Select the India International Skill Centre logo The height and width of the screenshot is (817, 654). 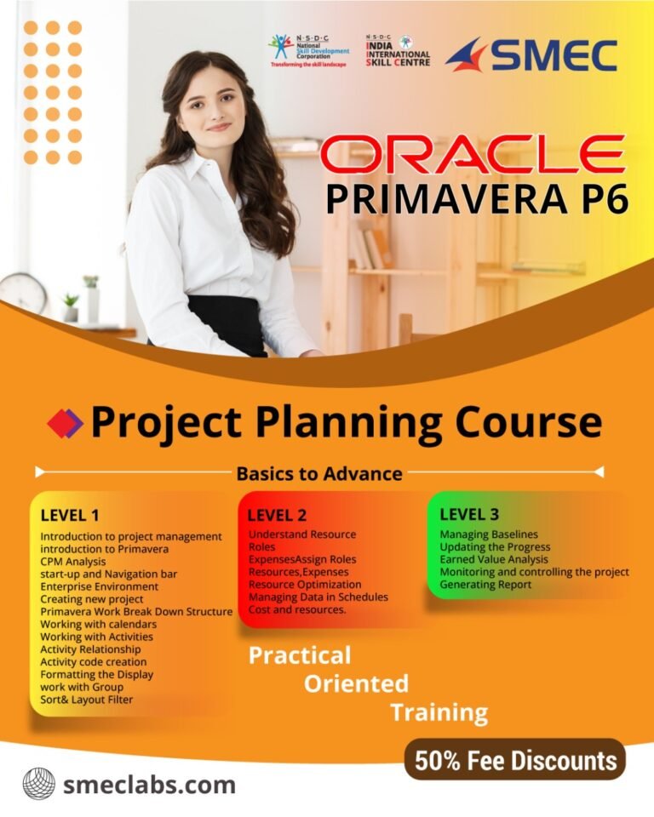[398, 50]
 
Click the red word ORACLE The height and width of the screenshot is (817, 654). [473, 154]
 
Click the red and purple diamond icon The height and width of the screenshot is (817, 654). [65, 423]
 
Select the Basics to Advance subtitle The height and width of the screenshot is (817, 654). [319, 472]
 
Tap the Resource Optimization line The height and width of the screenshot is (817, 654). [305, 585]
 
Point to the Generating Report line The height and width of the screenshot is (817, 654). [485, 585]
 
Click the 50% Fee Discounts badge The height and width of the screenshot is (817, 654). [514, 759]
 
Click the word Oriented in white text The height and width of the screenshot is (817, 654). [356, 683]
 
